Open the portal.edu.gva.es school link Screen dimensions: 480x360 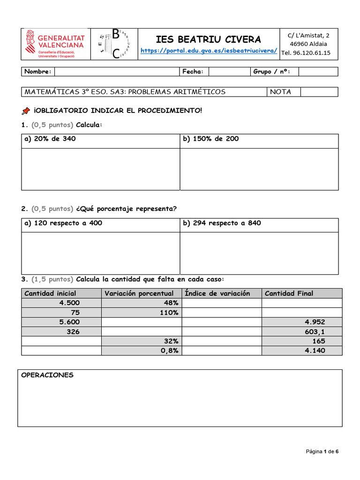pyautogui.click(x=209, y=51)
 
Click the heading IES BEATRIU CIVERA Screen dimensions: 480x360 pyautogui.click(x=209, y=39)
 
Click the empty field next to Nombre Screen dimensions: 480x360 pyautogui.click(x=117, y=72)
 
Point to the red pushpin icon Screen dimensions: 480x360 pyautogui.click(x=26, y=111)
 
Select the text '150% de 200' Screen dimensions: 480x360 pyautogui.click(x=211, y=139)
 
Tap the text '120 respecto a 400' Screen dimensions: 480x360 pyautogui.click(x=63, y=223)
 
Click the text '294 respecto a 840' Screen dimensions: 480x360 pyautogui.click(x=222, y=223)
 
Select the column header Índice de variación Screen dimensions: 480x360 pyautogui.click(x=217, y=293)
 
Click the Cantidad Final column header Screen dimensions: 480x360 pyautogui.click(x=289, y=293)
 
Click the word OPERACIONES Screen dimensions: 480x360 pyautogui.click(x=47, y=375)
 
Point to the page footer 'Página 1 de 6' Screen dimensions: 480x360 pyautogui.click(x=322, y=452)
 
